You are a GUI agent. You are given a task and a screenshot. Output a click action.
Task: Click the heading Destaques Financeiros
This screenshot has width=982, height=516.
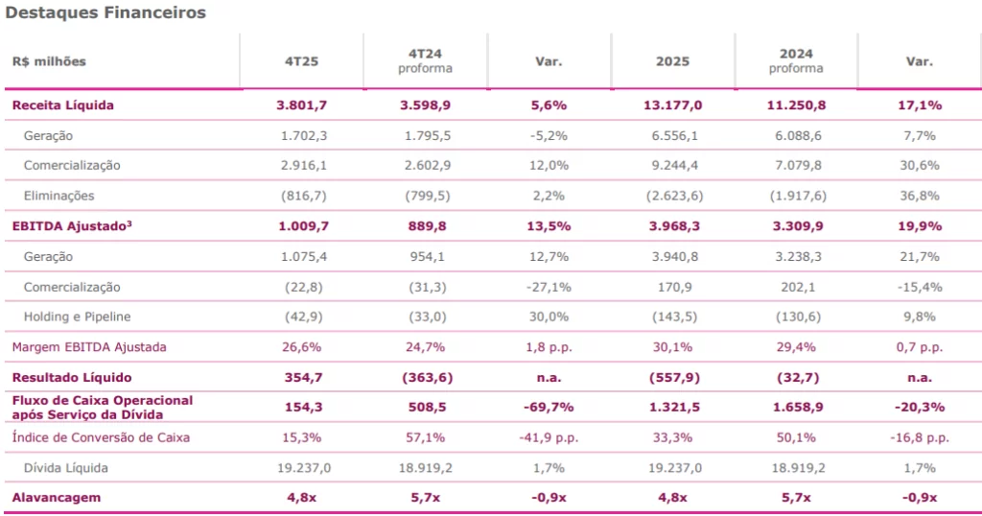pyautogui.click(x=105, y=13)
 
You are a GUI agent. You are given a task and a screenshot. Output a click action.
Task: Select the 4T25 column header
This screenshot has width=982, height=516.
pyautogui.click(x=302, y=61)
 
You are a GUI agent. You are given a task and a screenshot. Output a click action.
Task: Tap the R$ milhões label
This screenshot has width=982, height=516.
pyautogui.click(x=49, y=61)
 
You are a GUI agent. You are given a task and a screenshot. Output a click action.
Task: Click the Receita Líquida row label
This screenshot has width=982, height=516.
pyautogui.click(x=62, y=106)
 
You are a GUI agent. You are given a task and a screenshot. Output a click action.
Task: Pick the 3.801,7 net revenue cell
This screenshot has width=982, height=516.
pyautogui.click(x=302, y=106)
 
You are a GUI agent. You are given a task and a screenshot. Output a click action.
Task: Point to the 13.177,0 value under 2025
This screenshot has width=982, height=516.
pyautogui.click(x=673, y=106)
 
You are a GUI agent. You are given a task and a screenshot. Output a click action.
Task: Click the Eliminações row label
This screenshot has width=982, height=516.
pyautogui.click(x=59, y=196)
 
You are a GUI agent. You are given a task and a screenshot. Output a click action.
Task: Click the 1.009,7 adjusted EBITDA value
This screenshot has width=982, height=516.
pyautogui.click(x=302, y=226)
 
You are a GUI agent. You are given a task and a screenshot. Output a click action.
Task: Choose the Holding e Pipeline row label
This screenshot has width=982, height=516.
pyautogui.click(x=78, y=317)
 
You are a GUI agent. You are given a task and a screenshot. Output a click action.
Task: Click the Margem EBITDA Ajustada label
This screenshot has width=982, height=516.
pyautogui.click(x=88, y=347)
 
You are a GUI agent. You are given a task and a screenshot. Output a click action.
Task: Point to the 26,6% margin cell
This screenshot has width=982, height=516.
pyautogui.click(x=302, y=347)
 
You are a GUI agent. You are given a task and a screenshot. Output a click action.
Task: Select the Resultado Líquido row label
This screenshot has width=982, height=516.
pyautogui.click(x=72, y=377)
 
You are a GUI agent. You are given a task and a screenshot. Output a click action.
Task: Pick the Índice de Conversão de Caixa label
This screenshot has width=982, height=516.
pyautogui.click(x=101, y=437)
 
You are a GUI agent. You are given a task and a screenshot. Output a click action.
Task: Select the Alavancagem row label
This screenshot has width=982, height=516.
pyautogui.click(x=56, y=498)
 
